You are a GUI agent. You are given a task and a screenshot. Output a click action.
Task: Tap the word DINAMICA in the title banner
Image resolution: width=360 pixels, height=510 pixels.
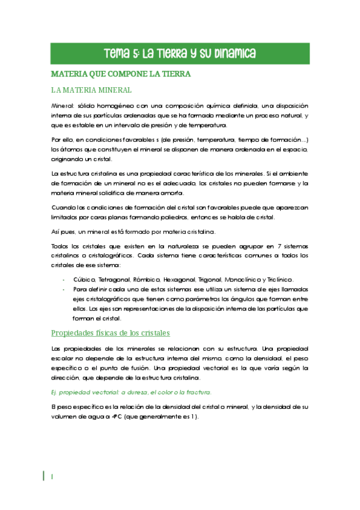[x=232, y=54]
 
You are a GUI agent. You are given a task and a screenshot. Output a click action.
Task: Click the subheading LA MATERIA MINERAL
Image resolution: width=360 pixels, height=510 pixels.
[x=91, y=90]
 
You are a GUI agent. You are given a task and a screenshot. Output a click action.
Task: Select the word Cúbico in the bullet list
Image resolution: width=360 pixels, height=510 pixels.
[x=84, y=280]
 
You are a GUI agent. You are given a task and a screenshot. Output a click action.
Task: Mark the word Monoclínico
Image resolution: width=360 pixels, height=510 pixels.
[x=243, y=280]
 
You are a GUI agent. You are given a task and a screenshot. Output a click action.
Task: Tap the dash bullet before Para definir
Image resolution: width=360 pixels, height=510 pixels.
[x=64, y=289]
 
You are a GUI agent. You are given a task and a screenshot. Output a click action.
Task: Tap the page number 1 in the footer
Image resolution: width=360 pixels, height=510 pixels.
[x=53, y=476]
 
